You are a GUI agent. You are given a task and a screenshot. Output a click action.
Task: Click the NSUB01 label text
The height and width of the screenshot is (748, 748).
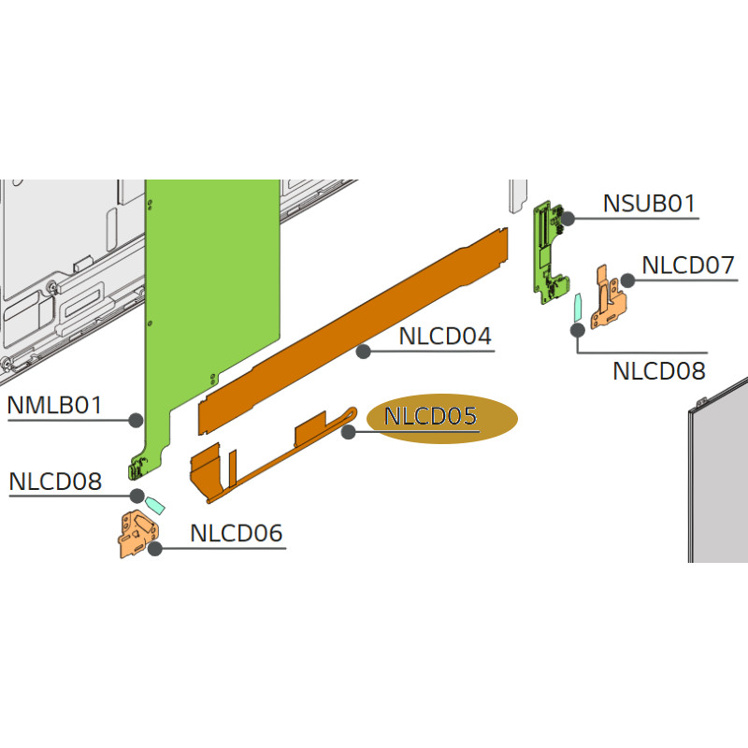click(649, 203)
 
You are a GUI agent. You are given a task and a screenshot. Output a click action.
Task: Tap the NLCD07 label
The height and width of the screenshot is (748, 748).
click(687, 266)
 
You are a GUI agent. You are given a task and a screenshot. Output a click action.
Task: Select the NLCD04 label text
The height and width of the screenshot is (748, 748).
click(445, 336)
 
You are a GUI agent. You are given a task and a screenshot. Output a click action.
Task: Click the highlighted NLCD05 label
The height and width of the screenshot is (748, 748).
click(431, 417)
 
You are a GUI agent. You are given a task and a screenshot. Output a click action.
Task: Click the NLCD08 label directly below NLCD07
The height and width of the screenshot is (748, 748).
click(658, 370)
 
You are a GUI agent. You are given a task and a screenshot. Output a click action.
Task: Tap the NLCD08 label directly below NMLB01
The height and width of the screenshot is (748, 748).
click(55, 482)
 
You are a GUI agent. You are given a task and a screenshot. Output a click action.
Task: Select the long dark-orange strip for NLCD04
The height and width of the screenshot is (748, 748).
click(355, 327)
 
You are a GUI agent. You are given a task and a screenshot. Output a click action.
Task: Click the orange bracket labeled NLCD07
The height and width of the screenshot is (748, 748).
click(609, 299)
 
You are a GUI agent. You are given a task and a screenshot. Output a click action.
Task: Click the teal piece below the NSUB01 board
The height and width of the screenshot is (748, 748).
click(578, 306)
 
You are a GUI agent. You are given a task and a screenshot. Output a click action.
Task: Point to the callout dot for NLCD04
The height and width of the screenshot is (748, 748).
click(363, 352)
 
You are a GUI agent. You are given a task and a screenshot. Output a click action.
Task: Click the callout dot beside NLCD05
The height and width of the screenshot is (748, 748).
click(349, 432)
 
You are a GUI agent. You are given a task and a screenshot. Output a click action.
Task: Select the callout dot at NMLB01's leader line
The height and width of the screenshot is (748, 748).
click(137, 420)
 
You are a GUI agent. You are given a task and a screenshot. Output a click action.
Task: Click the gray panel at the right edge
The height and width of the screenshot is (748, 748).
click(720, 477)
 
